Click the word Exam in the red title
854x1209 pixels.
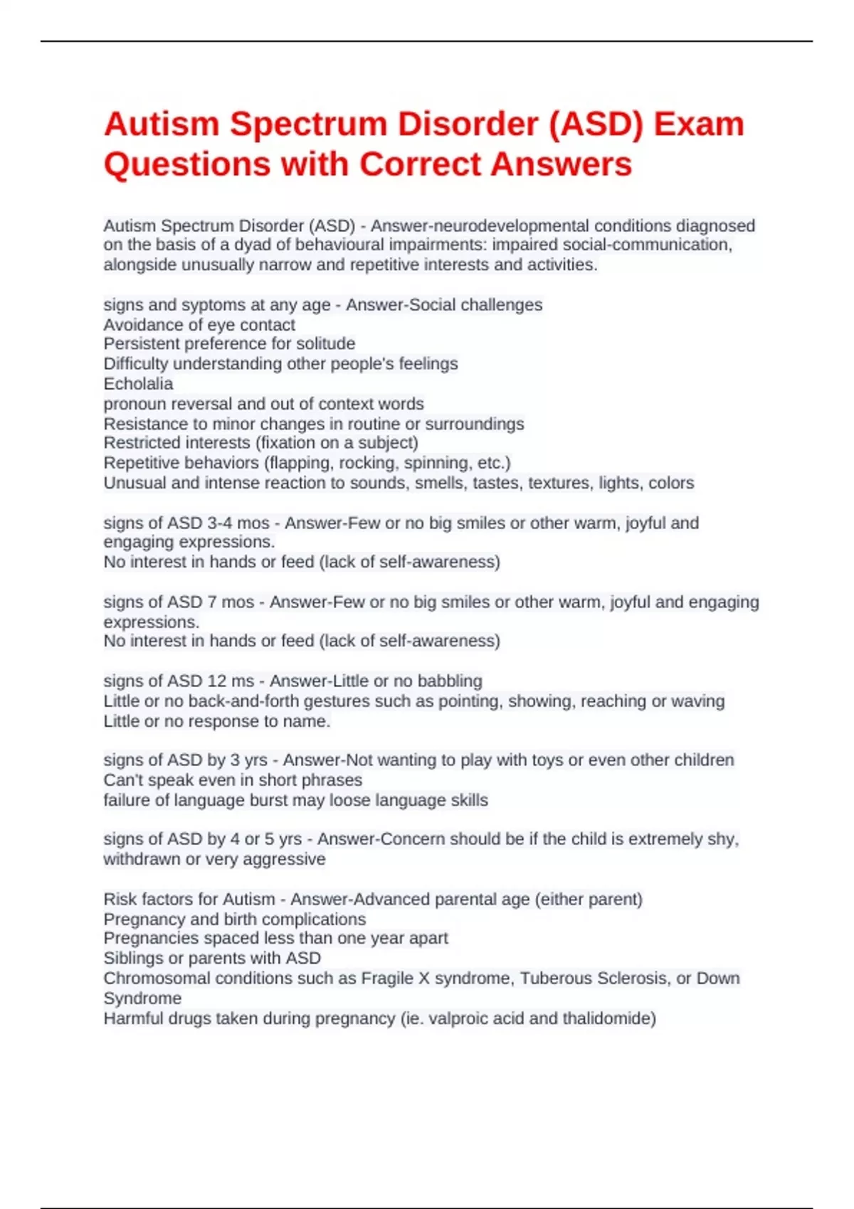coord(699,124)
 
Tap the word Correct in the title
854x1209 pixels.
coord(420,164)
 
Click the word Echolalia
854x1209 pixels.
coord(138,384)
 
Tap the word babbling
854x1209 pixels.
coord(449,681)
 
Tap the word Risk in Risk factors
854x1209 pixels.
coord(119,900)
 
